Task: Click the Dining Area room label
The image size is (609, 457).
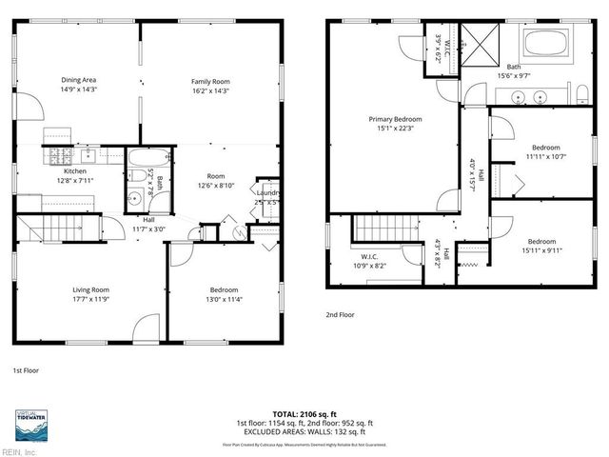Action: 79,84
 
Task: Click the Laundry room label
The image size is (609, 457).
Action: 267,197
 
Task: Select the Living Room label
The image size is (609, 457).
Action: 91,294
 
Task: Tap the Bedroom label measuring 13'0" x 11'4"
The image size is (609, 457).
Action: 224,294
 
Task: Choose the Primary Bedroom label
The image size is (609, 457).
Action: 395,124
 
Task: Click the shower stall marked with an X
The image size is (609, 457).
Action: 484,43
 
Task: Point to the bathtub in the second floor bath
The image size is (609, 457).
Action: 545,43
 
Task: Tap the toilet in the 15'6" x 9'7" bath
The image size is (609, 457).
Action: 580,92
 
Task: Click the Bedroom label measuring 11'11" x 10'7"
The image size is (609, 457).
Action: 544,152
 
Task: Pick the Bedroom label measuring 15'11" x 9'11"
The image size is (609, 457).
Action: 540,246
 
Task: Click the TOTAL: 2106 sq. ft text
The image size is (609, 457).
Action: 304,413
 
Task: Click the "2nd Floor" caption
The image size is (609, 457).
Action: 340,314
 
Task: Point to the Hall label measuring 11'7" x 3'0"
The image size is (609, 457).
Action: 148,225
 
